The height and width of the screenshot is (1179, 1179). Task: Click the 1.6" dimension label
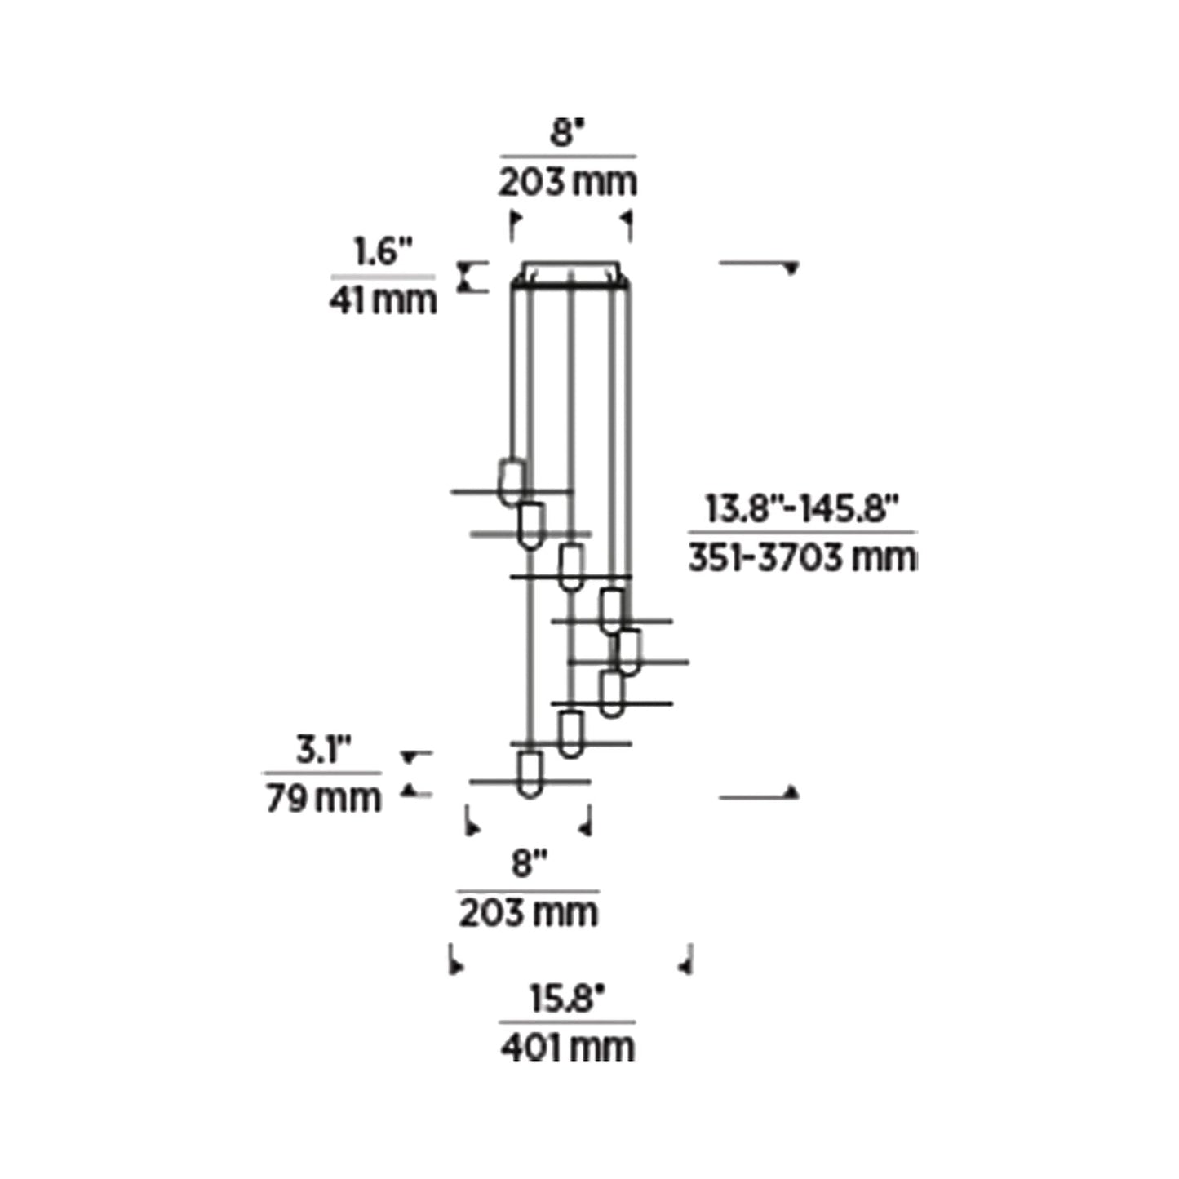(383, 252)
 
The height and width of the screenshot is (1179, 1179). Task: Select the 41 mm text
(383, 300)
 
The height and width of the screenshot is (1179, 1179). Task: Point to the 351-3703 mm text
(801, 558)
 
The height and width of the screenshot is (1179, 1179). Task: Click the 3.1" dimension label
(323, 749)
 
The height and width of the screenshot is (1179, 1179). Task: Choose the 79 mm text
(323, 798)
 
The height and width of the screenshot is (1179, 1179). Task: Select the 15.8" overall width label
(568, 999)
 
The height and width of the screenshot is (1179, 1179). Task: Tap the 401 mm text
(568, 1047)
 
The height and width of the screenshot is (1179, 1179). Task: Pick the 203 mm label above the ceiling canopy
(568, 181)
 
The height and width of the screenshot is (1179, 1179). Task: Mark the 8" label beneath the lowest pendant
(529, 863)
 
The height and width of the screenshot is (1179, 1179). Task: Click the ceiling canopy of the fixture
(571, 273)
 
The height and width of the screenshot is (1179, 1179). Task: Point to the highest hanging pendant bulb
(512, 481)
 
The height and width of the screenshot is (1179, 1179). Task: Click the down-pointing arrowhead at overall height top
(790, 269)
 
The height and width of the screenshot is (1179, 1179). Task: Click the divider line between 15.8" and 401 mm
(568, 1022)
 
